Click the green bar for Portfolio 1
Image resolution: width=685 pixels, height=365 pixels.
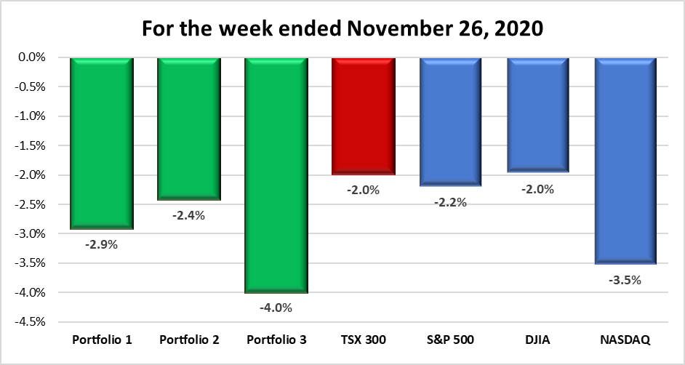click(x=101, y=143)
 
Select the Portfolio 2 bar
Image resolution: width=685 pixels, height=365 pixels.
click(x=188, y=129)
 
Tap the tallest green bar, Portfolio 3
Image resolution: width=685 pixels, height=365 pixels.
click(x=276, y=175)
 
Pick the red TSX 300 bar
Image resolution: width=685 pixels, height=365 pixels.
click(x=363, y=116)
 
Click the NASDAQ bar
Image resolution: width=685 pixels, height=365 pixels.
click(x=625, y=161)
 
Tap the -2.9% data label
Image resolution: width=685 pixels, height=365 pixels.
click(x=101, y=244)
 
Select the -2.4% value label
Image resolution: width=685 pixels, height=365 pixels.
click(x=188, y=215)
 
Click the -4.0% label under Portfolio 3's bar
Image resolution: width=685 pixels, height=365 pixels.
click(x=276, y=308)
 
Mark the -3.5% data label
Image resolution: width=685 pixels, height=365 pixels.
click(x=625, y=279)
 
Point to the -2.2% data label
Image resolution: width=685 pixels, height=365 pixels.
click(x=450, y=202)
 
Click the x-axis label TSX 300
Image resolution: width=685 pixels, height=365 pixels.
click(x=363, y=340)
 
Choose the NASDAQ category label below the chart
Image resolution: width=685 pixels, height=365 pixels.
click(x=625, y=340)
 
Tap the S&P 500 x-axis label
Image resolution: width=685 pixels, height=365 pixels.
click(x=450, y=340)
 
